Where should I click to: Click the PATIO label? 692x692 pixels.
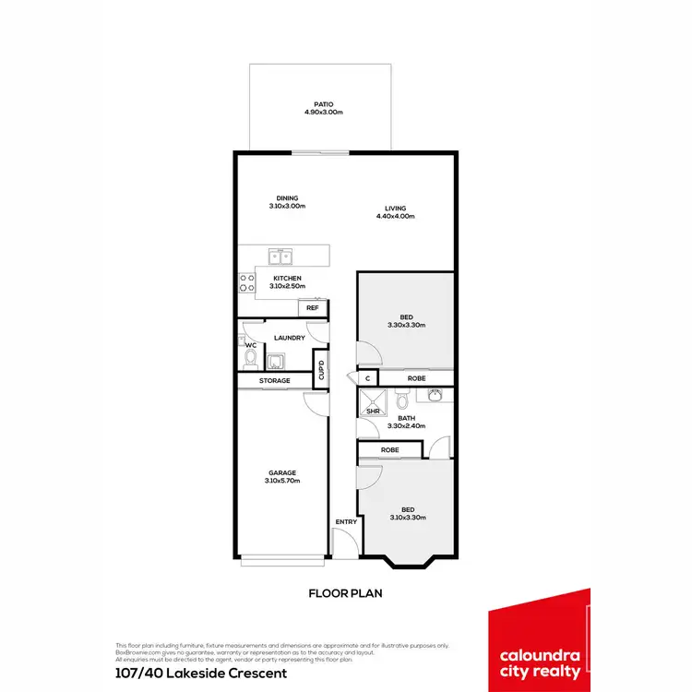pyautogui.click(x=323, y=104)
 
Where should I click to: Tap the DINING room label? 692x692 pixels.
pyautogui.click(x=287, y=197)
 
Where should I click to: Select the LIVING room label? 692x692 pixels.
pyautogui.click(x=396, y=209)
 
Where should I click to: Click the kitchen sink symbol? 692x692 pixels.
pyautogui.click(x=281, y=257)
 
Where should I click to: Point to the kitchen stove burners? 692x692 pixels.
pyautogui.click(x=247, y=282)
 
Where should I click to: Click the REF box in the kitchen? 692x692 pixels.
pyautogui.click(x=313, y=307)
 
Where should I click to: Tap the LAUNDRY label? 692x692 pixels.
pyautogui.click(x=290, y=338)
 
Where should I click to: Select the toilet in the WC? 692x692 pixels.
pyautogui.click(x=249, y=356)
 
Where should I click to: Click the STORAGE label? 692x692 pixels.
pyautogui.click(x=275, y=380)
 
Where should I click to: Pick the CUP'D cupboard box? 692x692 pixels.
pyautogui.click(x=321, y=371)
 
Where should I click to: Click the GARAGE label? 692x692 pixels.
pyautogui.click(x=282, y=473)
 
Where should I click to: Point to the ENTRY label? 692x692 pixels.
pyautogui.click(x=346, y=522)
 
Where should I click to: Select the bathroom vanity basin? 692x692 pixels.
pyautogui.click(x=434, y=396)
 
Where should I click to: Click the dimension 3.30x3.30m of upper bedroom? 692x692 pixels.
pyautogui.click(x=406, y=325)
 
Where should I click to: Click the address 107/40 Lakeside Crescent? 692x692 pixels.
pyautogui.click(x=201, y=673)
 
